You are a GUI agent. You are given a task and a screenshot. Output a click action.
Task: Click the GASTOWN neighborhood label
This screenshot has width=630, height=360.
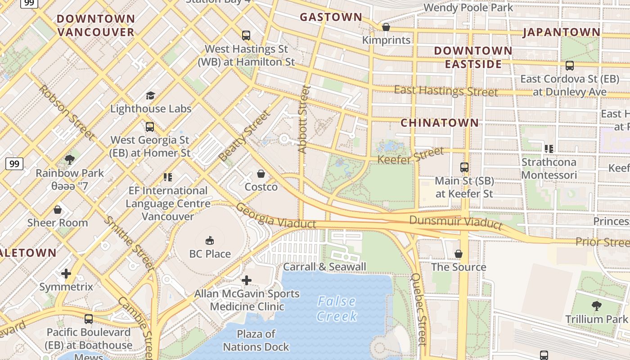pyautogui.click(x=331, y=17)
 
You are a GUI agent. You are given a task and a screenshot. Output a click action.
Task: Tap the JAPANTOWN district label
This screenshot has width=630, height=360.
pyautogui.click(x=561, y=32)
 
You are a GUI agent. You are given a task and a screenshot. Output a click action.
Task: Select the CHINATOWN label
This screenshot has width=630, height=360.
pyautogui.click(x=440, y=122)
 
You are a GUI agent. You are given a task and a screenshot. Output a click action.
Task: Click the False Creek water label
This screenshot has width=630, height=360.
pyautogui.click(x=336, y=309)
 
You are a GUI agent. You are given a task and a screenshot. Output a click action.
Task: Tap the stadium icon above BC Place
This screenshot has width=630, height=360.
pyautogui.click(x=210, y=240)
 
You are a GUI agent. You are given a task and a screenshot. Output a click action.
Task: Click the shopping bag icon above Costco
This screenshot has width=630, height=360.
pyautogui.click(x=261, y=173)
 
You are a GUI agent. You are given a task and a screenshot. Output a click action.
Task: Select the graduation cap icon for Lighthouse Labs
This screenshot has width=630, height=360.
pyautogui.click(x=150, y=95)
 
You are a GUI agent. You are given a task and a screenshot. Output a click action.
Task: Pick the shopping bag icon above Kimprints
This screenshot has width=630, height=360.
pyautogui.click(x=386, y=27)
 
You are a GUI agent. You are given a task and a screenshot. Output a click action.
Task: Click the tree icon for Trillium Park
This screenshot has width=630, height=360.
pyautogui.click(x=596, y=306)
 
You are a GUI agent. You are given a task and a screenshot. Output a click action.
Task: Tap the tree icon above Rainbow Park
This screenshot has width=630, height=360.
pyautogui.click(x=70, y=159)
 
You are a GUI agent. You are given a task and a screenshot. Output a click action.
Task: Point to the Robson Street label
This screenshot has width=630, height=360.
pyautogui.click(x=67, y=112)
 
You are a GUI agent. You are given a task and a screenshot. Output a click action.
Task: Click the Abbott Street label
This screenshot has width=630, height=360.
pyautogui.click(x=304, y=119)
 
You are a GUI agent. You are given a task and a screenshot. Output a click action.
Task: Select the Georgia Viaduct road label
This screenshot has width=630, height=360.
pyautogui.click(x=275, y=216)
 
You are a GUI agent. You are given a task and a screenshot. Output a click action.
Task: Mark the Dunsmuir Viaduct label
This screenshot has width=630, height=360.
pyautogui.click(x=455, y=222)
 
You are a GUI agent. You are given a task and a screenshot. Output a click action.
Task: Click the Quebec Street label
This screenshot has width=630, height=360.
pyautogui.click(x=418, y=309)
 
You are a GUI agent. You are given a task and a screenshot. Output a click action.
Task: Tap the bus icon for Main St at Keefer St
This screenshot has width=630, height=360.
pyautogui.click(x=464, y=167)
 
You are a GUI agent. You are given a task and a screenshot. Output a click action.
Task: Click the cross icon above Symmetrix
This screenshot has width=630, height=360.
pyautogui.click(x=66, y=274)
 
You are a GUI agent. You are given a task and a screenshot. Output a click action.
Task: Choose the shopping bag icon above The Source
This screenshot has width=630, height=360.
pyautogui.click(x=459, y=254)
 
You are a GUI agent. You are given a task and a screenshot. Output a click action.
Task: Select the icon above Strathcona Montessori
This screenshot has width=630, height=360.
pyautogui.click(x=549, y=148)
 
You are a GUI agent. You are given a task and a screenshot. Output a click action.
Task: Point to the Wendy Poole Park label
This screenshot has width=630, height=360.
pyautogui.click(x=468, y=7)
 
